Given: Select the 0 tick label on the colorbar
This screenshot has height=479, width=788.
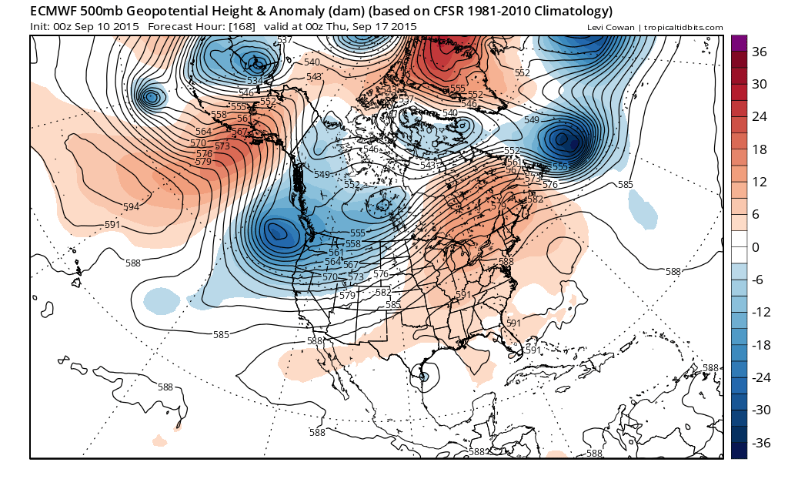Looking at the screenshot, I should (x=755, y=247).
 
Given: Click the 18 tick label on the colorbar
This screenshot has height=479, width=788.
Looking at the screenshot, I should (x=760, y=149).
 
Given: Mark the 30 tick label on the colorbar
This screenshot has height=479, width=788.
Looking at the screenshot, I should (x=761, y=84).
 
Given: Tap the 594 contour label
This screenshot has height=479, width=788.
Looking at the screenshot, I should (x=132, y=207).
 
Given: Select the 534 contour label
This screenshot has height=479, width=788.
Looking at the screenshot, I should (x=254, y=81).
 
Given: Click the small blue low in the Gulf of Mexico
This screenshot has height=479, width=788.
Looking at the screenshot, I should (x=424, y=377).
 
